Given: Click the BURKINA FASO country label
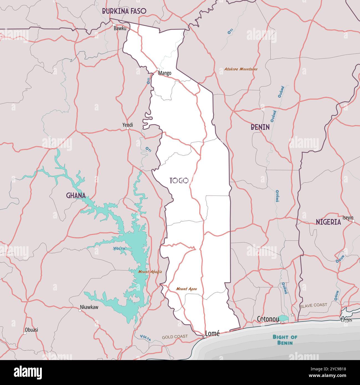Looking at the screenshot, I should pos(124,11).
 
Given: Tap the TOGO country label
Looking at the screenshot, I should pos(179,181).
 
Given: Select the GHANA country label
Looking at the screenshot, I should pos(76,196).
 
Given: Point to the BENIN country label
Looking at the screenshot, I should pos(260,127).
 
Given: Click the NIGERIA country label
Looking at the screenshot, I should pos(328,222).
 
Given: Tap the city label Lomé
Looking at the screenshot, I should pos(212,333).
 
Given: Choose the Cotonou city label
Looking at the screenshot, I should pos(268,319).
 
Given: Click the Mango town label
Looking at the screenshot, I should pos(165,73).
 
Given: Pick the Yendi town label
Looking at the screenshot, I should pos(128,125).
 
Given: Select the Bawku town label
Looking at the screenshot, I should pos(120,28).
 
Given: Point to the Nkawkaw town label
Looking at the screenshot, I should pos(89,307).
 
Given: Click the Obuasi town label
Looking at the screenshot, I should pos(31,330).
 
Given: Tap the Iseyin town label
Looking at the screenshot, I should pos(348,217).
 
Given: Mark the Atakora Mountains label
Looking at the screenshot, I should pos(241,69).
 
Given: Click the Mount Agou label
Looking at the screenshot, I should pos(186,289).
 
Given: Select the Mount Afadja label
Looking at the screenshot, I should pos(150,271).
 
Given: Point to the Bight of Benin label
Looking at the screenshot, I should pos(285,340).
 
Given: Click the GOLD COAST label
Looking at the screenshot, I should pos(175,337).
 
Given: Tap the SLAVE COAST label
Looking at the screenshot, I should pos(313,305).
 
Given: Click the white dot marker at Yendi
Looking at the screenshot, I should pos(128,129).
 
